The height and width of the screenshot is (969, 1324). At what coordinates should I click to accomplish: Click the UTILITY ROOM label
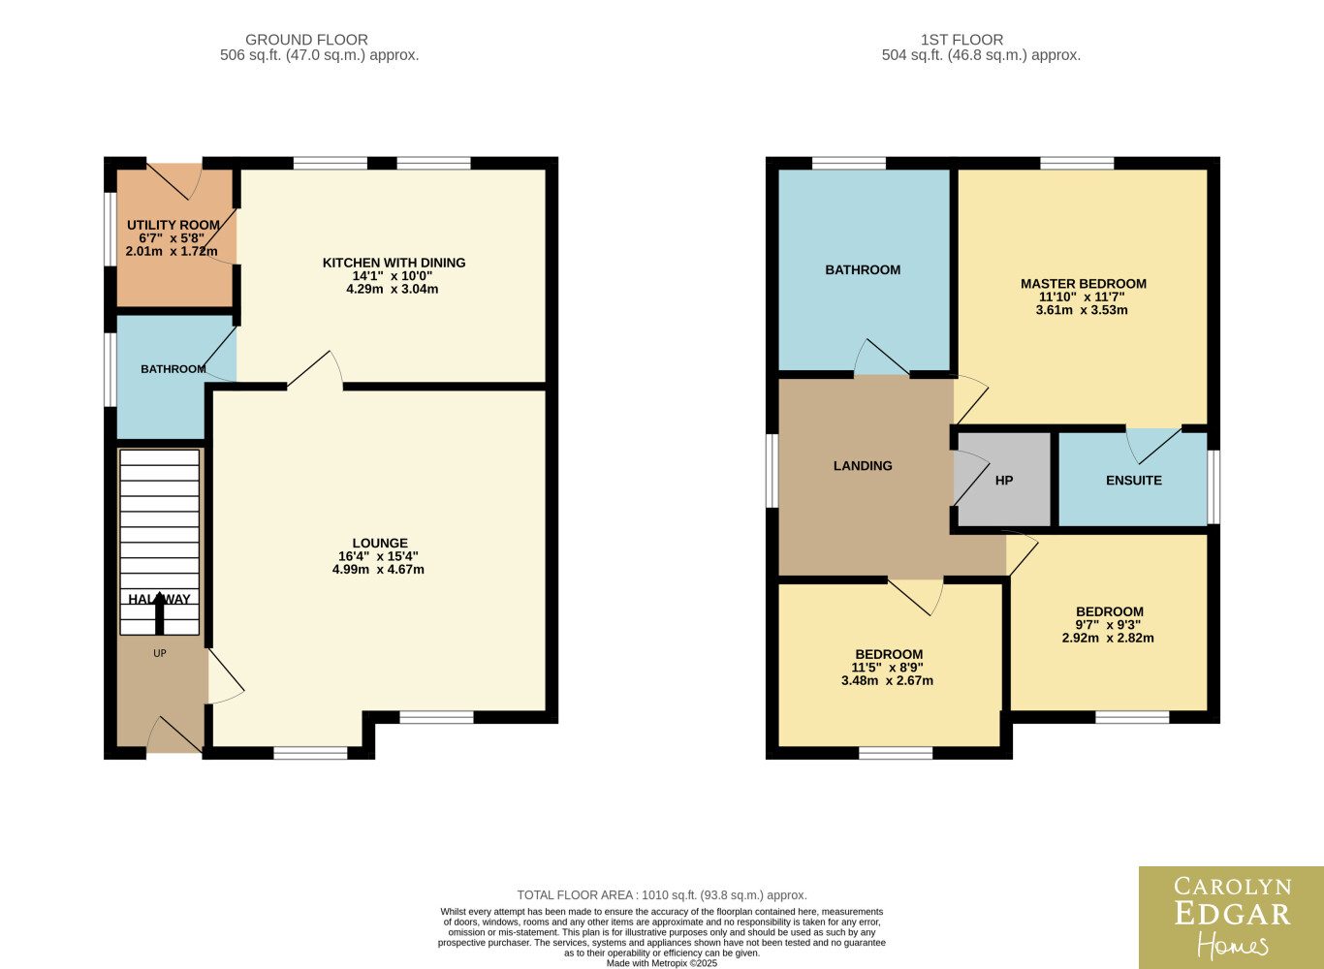(173, 225)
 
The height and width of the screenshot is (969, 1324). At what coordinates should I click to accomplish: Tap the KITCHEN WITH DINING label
(394, 263)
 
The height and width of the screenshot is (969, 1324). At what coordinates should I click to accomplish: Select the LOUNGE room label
(380, 543)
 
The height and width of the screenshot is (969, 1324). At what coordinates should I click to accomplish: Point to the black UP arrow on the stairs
(160, 614)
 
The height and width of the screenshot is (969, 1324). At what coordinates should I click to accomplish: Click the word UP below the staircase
(160, 653)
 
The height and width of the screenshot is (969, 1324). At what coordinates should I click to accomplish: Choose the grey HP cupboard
(1003, 480)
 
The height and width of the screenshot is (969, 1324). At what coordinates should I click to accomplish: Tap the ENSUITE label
(1134, 481)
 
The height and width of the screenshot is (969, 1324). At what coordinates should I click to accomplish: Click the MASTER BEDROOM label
(1083, 284)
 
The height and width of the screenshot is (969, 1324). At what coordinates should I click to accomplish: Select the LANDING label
(863, 465)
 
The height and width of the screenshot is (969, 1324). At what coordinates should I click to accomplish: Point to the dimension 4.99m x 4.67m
(378, 570)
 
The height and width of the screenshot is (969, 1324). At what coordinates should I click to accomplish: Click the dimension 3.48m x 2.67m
(887, 680)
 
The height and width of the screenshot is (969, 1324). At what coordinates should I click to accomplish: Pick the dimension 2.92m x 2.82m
(1108, 639)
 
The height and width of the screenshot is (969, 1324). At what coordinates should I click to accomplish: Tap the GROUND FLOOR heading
(306, 40)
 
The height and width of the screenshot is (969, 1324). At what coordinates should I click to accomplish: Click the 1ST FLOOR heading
(961, 40)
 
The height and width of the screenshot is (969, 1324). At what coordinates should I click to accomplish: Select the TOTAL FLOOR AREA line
(661, 895)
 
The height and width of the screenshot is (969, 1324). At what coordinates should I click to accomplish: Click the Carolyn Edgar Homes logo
(1231, 918)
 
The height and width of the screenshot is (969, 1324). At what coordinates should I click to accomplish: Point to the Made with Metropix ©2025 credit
(661, 963)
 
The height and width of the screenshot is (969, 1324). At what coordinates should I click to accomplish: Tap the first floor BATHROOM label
(863, 270)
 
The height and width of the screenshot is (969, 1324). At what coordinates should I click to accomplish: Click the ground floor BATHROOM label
(173, 369)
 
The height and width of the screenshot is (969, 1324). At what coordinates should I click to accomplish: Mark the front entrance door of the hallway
(175, 735)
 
